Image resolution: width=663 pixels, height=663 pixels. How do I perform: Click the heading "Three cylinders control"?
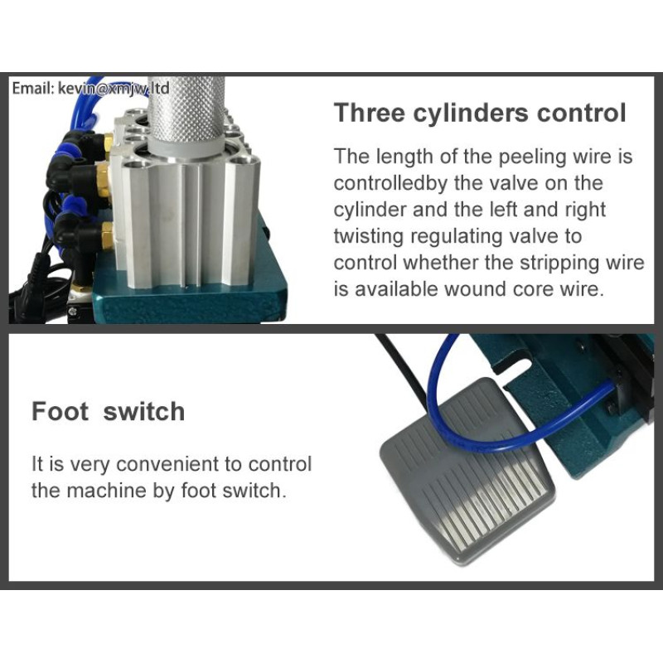[x=480, y=114]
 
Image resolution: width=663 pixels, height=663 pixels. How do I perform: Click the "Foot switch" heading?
[x=109, y=411]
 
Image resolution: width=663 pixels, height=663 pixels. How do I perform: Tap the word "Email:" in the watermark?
[x=32, y=89]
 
